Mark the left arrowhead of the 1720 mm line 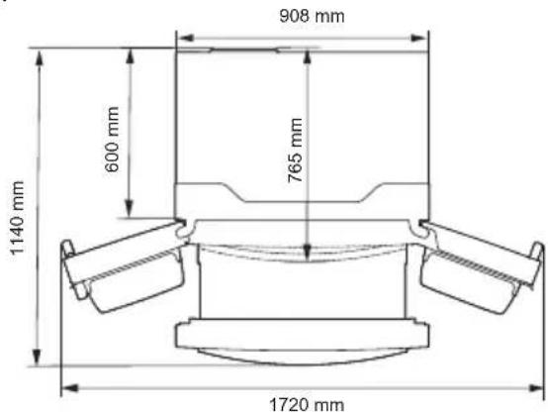(x=65, y=388)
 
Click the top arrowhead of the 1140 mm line (x=41, y=52)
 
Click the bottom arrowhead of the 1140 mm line (x=41, y=363)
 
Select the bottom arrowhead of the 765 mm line (x=309, y=256)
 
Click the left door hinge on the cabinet (x=183, y=226)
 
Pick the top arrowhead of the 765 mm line (x=309, y=51)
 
